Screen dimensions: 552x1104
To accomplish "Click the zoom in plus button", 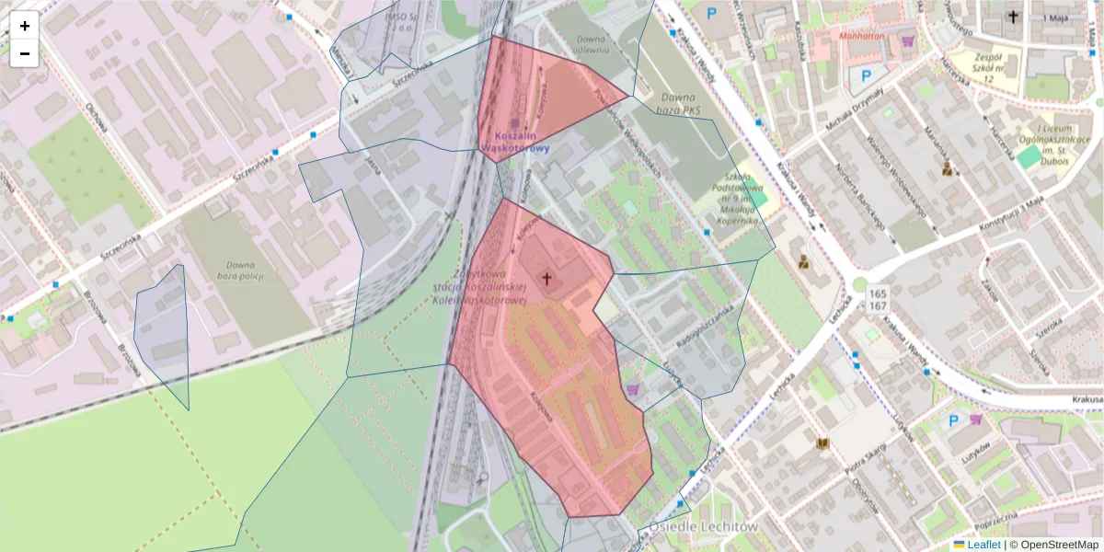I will [x=25, y=26].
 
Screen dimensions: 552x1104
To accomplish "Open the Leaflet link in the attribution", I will [x=976, y=545].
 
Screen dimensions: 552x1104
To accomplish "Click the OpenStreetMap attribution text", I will [x=1057, y=545].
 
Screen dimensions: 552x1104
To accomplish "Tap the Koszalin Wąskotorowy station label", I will [x=514, y=141].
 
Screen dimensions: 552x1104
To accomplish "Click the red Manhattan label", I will [x=860, y=39].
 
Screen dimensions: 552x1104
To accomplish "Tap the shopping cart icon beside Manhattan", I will [x=908, y=40].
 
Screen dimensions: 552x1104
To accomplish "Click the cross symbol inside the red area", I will [x=546, y=278].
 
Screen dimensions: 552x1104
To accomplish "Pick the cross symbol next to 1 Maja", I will [x=1013, y=17].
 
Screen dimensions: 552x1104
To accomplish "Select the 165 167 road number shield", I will [x=876, y=299].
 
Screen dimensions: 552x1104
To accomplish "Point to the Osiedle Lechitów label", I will [x=703, y=527].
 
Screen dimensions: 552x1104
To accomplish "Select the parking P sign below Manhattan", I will [x=864, y=76].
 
